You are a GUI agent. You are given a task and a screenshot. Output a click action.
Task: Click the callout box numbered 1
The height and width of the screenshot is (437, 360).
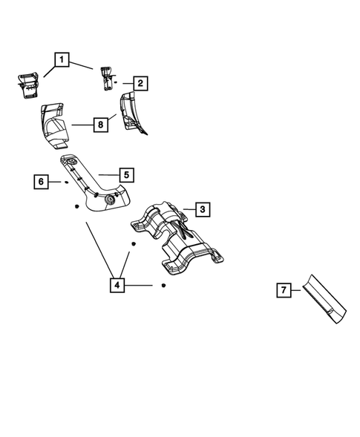62,59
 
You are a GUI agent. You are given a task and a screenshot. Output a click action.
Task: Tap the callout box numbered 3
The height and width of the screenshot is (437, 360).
202,210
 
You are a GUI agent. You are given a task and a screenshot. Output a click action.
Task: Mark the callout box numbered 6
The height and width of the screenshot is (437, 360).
42,181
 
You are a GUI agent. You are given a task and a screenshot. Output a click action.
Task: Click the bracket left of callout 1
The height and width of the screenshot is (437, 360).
27,83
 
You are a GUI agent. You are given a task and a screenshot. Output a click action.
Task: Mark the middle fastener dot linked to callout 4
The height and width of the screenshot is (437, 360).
134,243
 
